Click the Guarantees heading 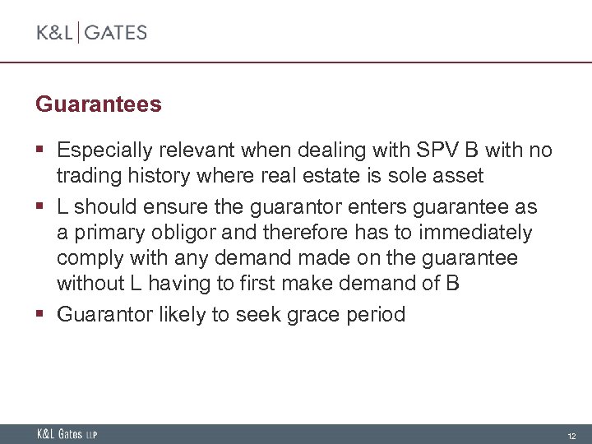point(99,105)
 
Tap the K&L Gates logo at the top point(91,33)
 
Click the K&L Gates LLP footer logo point(67,434)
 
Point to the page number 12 point(571,435)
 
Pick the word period point(375,315)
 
